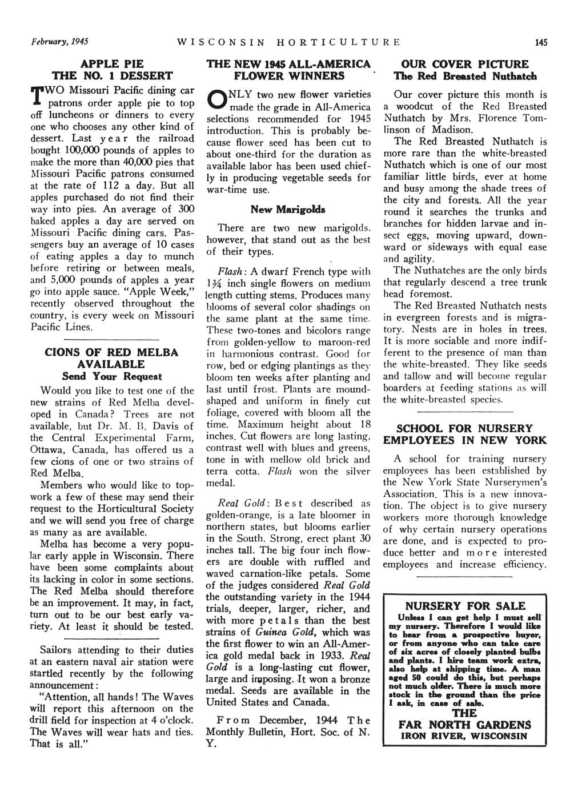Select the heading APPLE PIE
113,63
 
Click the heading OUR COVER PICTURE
464,64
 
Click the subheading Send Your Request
112,376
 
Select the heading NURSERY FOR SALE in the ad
464,605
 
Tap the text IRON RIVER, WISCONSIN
464,736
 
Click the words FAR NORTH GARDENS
464,725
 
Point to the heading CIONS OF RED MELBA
112,352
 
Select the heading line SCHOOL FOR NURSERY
464,428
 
